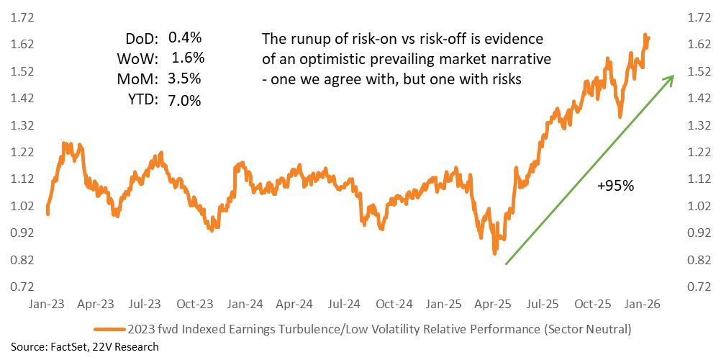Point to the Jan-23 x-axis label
tap(47, 305)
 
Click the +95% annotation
tap(615, 186)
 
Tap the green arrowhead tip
tap(674, 76)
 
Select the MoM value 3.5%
tap(185, 78)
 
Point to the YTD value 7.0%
tap(185, 101)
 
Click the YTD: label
tap(143, 101)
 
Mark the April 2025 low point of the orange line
tap(494, 252)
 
